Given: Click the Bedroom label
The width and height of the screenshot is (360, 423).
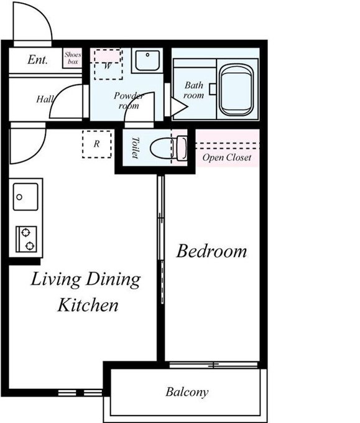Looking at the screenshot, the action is point(211,251).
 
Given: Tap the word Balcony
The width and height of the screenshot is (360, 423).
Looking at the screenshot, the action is point(187,392).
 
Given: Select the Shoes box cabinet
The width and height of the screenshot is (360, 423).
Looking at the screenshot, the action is point(73,58).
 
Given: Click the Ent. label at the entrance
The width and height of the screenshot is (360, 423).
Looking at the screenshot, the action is point(37,60).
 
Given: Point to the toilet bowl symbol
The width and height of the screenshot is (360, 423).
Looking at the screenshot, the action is point(168,148).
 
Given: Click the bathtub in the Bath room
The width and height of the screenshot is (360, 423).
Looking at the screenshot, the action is point(236,90).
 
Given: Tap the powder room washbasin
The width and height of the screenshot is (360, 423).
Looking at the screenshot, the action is point(147,60).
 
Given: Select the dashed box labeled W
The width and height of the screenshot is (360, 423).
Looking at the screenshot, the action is point(108,64).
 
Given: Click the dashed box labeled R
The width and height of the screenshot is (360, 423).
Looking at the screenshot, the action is point(97,144).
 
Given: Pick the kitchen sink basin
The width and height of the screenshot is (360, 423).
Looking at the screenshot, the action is point(25,197).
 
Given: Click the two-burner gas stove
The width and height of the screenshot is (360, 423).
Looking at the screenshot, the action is point(26,239).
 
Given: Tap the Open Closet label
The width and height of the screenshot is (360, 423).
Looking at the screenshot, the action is point(227,157).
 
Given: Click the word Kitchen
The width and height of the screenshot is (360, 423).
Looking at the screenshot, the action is point(88,305).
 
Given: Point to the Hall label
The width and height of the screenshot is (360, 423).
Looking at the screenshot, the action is point(45,99).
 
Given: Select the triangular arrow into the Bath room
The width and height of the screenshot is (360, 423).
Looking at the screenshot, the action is point(178,107).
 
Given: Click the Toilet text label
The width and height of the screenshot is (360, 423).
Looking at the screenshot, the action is point(135,147).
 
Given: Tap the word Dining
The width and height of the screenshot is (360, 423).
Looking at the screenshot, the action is point(113,279).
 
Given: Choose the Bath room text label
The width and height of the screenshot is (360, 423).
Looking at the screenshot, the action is point(193,90).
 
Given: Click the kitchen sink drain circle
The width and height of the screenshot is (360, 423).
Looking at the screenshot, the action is point(19,197).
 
